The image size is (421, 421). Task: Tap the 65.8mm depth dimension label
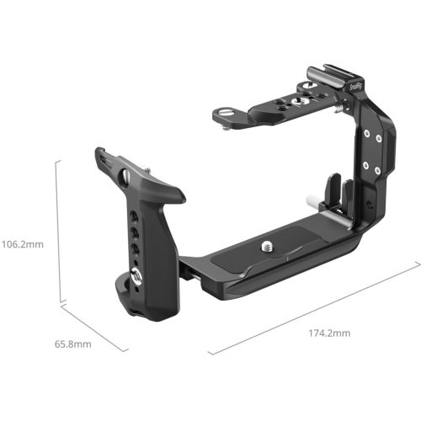click(74, 344)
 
